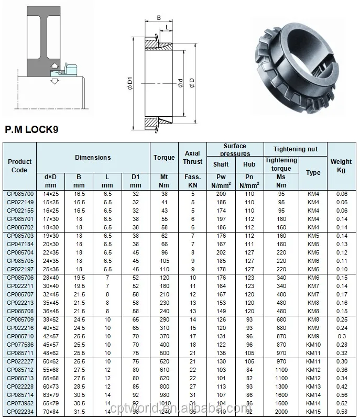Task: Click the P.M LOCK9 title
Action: click(x=31, y=129)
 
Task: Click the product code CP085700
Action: click(x=20, y=194)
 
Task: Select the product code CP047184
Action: click(x=20, y=244)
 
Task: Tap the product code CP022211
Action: click(x=20, y=286)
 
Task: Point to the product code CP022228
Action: click(x=20, y=386)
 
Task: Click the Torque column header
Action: click(x=164, y=158)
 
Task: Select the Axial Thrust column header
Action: click(x=192, y=158)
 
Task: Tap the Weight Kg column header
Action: click(x=341, y=166)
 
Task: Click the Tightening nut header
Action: click(x=295, y=149)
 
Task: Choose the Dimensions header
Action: click(x=93, y=158)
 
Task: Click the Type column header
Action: click(x=313, y=172)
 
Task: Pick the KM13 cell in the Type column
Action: click(x=313, y=386)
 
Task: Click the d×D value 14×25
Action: click(x=50, y=194)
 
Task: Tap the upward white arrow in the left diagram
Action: click(x=53, y=65)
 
